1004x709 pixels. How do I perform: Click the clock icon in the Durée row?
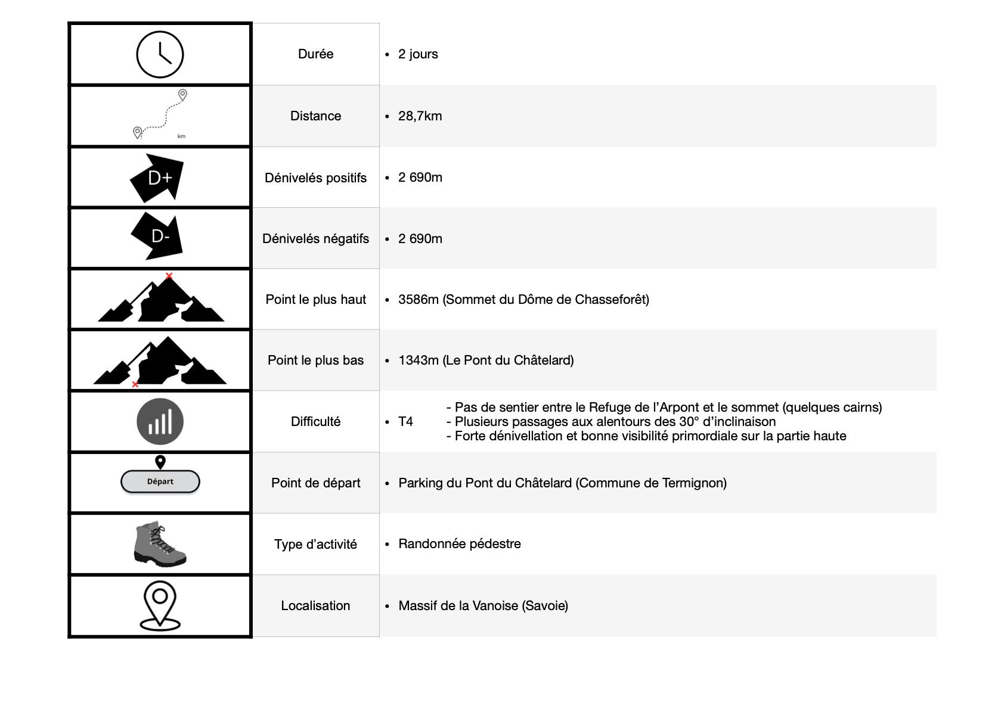click(x=160, y=54)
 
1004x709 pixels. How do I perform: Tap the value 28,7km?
click(x=420, y=116)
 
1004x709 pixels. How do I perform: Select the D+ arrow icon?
click(x=158, y=178)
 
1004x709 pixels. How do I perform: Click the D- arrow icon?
click(x=158, y=237)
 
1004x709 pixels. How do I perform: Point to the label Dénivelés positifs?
click(x=315, y=178)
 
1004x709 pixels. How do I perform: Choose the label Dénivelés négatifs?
click(x=315, y=239)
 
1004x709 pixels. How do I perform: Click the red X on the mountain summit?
click(x=169, y=276)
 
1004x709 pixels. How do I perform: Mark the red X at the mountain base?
click(x=135, y=384)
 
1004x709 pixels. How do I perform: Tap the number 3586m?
click(x=418, y=300)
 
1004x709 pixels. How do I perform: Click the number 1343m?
click(x=418, y=360)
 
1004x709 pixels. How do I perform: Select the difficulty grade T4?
click(x=405, y=422)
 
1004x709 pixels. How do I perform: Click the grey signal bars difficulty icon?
click(x=160, y=421)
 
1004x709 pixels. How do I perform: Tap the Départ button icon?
click(x=160, y=481)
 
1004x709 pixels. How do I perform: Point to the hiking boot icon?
click(x=159, y=543)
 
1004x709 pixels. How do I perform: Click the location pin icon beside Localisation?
click(x=160, y=605)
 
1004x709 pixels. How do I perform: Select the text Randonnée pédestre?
click(x=459, y=544)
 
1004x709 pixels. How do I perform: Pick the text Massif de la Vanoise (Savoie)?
click(x=483, y=606)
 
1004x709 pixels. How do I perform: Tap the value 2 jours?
click(x=418, y=54)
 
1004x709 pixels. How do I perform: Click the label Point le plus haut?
click(x=315, y=300)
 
